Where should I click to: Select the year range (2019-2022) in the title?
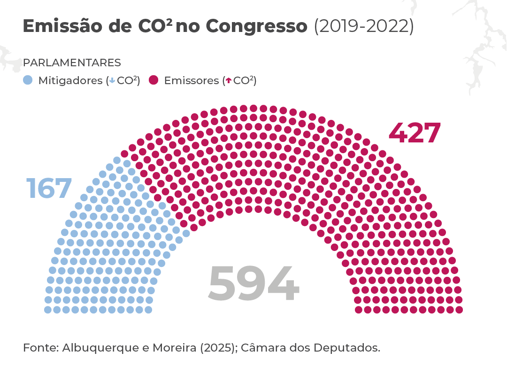(363, 26)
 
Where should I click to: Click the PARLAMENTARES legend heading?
(72, 63)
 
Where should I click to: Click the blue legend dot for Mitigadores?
(28, 80)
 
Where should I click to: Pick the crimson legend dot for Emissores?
(154, 80)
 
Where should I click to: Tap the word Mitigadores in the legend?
(70, 80)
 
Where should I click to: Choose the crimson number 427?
(415, 133)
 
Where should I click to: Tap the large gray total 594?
(253, 284)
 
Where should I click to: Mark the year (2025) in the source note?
(217, 348)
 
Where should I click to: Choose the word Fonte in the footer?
(39, 348)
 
